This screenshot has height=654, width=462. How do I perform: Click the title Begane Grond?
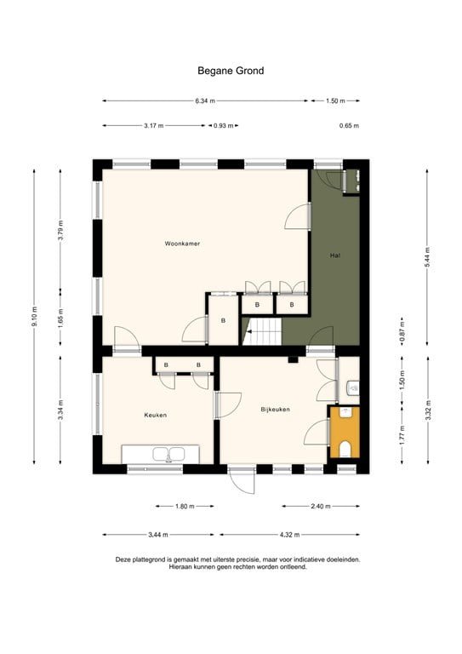(x=231, y=71)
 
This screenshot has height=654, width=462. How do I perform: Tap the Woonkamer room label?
(x=182, y=244)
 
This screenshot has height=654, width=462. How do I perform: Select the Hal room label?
(x=335, y=255)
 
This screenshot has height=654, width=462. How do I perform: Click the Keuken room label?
(x=155, y=415)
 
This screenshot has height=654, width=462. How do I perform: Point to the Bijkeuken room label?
(x=275, y=410)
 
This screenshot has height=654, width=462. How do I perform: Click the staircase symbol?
(x=262, y=331)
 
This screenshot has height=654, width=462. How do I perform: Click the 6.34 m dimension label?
(x=204, y=100)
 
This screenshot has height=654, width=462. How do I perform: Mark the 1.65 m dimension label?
(x=60, y=317)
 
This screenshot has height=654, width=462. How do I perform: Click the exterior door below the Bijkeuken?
(x=242, y=479)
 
